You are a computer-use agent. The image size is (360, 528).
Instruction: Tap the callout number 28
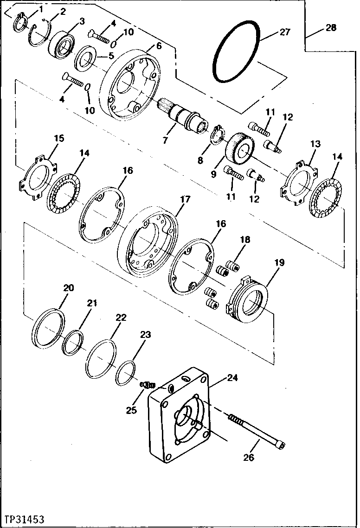coord(330,28)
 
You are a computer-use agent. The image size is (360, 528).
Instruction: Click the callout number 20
coord(68,288)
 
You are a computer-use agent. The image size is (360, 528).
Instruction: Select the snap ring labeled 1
coord(18,23)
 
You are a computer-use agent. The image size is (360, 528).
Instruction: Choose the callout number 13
coord(315,144)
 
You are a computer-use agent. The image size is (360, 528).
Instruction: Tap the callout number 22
coord(121,318)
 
